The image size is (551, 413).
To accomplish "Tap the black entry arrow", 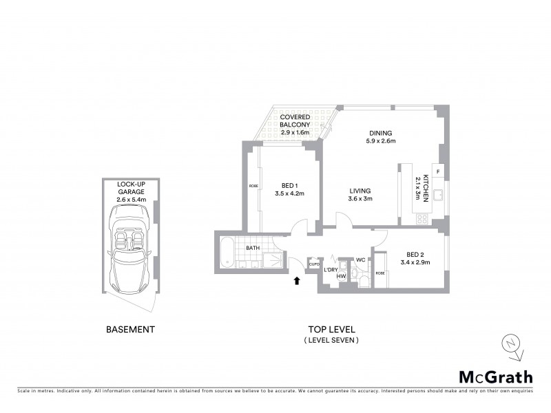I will coord(297,280).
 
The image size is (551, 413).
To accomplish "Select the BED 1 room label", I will coord(289,189).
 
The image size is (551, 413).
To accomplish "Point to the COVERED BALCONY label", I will coord(295,121).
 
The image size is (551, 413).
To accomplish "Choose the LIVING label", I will coord(360,195).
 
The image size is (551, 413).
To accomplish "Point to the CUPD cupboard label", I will coord(314,264).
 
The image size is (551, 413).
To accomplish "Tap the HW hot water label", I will coord(340,277).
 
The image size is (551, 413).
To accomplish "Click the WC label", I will coord(360,260).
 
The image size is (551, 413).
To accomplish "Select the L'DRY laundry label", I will coord(331,269).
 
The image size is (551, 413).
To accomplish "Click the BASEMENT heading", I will coord(130,330).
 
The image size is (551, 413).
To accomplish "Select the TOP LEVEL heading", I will coord(331,330).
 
